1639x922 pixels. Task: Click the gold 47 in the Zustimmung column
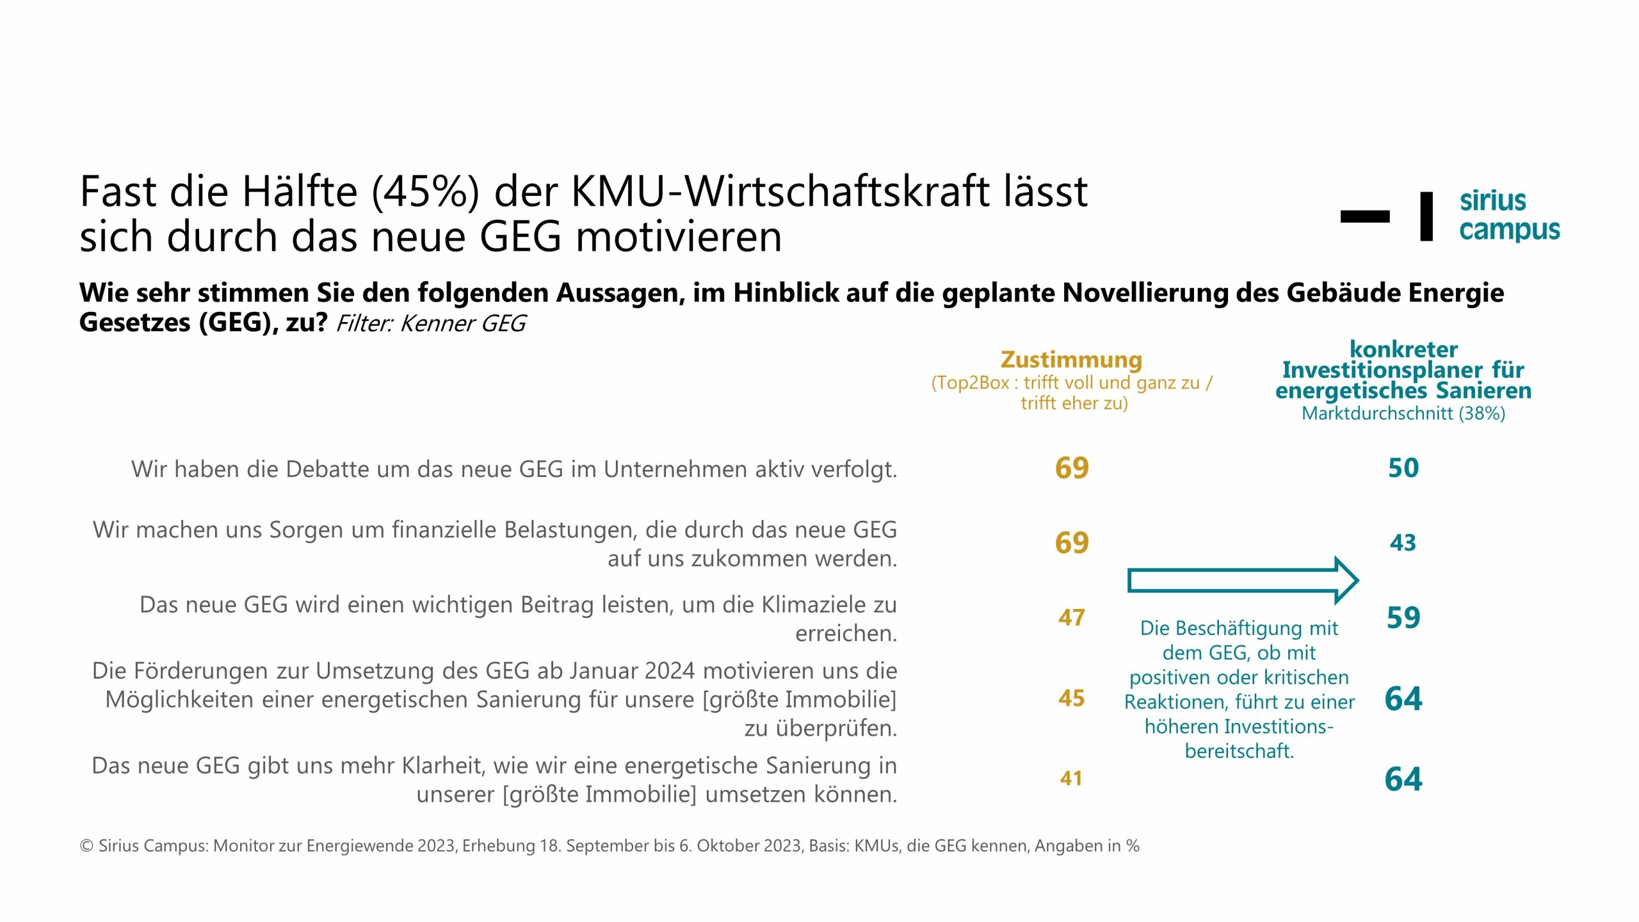point(1071,618)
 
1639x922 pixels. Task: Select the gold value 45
point(1071,698)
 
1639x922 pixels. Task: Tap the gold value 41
point(1071,779)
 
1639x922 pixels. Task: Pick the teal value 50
point(1403,468)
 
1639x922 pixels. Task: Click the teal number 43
point(1403,543)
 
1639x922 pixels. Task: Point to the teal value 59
point(1403,618)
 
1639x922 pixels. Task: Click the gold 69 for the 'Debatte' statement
point(1071,468)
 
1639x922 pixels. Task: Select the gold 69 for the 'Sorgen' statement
point(1071,543)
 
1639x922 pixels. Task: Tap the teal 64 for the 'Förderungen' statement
point(1403,698)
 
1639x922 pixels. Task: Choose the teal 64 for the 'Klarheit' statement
point(1403,779)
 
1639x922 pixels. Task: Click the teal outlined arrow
point(1242,580)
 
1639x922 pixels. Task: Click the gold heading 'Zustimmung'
point(1071,360)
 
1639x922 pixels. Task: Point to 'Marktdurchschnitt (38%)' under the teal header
point(1403,414)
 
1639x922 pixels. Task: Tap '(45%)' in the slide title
point(425,192)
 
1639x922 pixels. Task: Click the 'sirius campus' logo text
point(1508,215)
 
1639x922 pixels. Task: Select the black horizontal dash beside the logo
point(1364,216)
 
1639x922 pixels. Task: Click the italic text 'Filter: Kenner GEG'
point(430,324)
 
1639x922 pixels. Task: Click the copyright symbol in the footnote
point(86,846)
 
